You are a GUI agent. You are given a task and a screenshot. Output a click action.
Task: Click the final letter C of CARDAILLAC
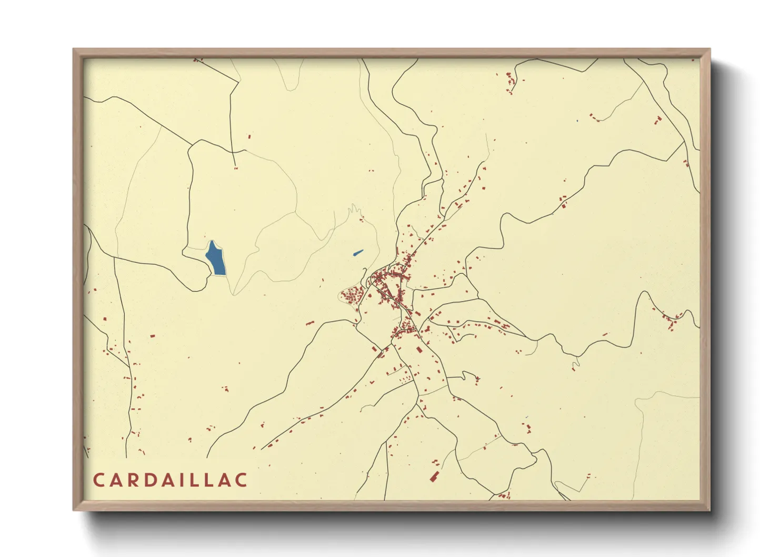(241, 480)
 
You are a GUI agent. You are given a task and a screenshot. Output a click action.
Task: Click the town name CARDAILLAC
(170, 480)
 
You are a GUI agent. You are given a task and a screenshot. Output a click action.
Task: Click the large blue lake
(216, 258)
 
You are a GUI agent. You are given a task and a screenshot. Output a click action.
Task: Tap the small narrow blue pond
(358, 253)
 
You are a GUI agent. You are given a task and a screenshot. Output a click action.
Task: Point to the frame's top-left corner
(74, 49)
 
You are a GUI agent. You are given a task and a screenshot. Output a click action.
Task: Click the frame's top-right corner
(710, 49)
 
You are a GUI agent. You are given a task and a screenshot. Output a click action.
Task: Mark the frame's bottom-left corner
(74, 510)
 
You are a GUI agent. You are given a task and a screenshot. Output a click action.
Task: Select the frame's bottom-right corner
(710, 510)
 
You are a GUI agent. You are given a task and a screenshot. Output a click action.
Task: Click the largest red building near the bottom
(434, 477)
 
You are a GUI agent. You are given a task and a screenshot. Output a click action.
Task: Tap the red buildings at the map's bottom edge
(505, 495)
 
